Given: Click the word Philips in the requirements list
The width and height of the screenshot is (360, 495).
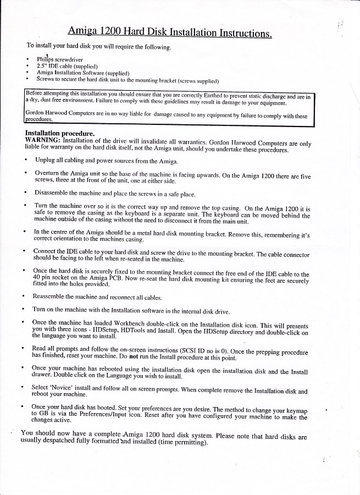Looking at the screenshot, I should [x=45, y=59].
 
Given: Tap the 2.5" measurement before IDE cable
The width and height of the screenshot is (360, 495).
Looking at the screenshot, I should [x=43, y=65].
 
